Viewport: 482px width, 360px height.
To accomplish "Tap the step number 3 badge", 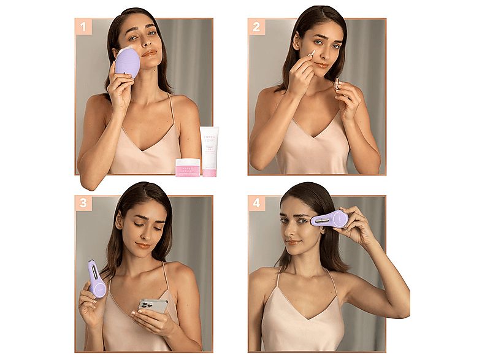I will point(83,203).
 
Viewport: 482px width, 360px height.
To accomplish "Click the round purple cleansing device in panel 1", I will point(128,63).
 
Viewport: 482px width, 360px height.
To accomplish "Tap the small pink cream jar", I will point(188,167).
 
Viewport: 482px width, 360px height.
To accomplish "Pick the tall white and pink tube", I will point(210,151).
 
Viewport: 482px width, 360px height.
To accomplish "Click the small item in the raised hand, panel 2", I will point(337,83).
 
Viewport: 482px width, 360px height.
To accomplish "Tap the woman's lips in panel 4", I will point(294,242).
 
